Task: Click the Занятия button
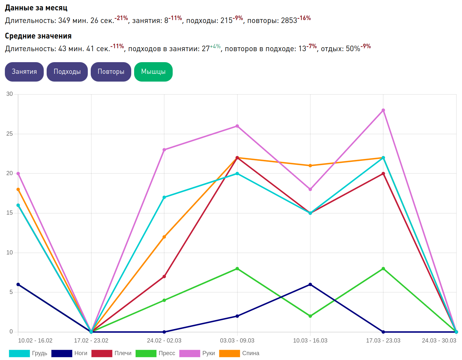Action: pos(24,72)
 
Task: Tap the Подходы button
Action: pos(67,72)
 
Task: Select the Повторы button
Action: pos(111,72)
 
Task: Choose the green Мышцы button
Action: pos(153,72)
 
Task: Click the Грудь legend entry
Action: pos(29,353)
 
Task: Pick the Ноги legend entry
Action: pos(70,353)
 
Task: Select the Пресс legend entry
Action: pos(156,353)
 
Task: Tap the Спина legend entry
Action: pos(239,353)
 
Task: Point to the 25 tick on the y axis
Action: pos(9,134)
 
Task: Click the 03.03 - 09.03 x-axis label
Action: pos(237,341)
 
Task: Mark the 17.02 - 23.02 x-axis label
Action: pos(91,341)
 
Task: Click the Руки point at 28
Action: pos(383,110)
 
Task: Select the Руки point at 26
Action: pos(237,126)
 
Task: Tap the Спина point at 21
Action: pos(310,166)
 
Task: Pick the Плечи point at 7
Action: pos(164,276)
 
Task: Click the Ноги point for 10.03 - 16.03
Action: pos(310,285)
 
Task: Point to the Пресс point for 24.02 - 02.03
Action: pos(164,300)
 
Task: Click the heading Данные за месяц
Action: pos(36,8)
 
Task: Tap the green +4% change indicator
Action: pos(215,46)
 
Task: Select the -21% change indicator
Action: pos(121,18)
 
